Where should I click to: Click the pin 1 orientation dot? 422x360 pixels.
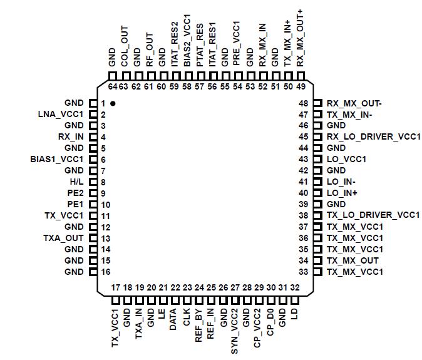[113, 103]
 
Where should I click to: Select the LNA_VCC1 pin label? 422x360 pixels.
[61, 114]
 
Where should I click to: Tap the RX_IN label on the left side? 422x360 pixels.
[71, 136]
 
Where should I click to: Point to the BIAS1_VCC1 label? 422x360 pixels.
[57, 159]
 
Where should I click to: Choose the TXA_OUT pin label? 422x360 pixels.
[63, 239]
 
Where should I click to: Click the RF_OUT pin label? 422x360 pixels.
[150, 49]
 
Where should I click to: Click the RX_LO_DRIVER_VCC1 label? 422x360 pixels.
[373, 136]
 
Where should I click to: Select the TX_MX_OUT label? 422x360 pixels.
[353, 260]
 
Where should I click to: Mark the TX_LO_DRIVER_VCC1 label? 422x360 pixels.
[373, 215]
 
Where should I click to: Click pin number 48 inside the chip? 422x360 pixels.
[304, 103]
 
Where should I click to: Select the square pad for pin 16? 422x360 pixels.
[93, 272]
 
